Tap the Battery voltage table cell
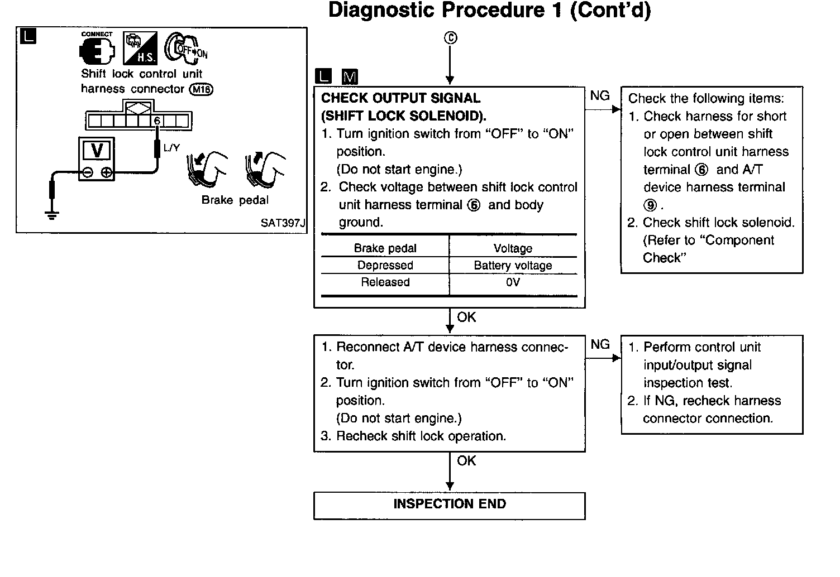[x=513, y=266]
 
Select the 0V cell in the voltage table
[x=513, y=282]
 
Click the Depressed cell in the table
[x=385, y=266]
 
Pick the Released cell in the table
[x=385, y=282]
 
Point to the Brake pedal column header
[x=385, y=248]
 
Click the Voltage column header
[x=513, y=248]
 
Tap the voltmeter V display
[x=97, y=151]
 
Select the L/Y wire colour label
[x=171, y=148]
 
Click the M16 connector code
[x=201, y=89]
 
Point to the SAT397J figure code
[x=283, y=223]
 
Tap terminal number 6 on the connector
[x=157, y=121]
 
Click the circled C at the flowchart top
[x=450, y=38]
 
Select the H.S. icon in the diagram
[x=140, y=48]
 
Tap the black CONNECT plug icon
[x=97, y=50]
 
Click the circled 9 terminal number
[x=650, y=205]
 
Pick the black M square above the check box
[x=350, y=76]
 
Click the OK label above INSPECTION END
[x=466, y=461]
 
